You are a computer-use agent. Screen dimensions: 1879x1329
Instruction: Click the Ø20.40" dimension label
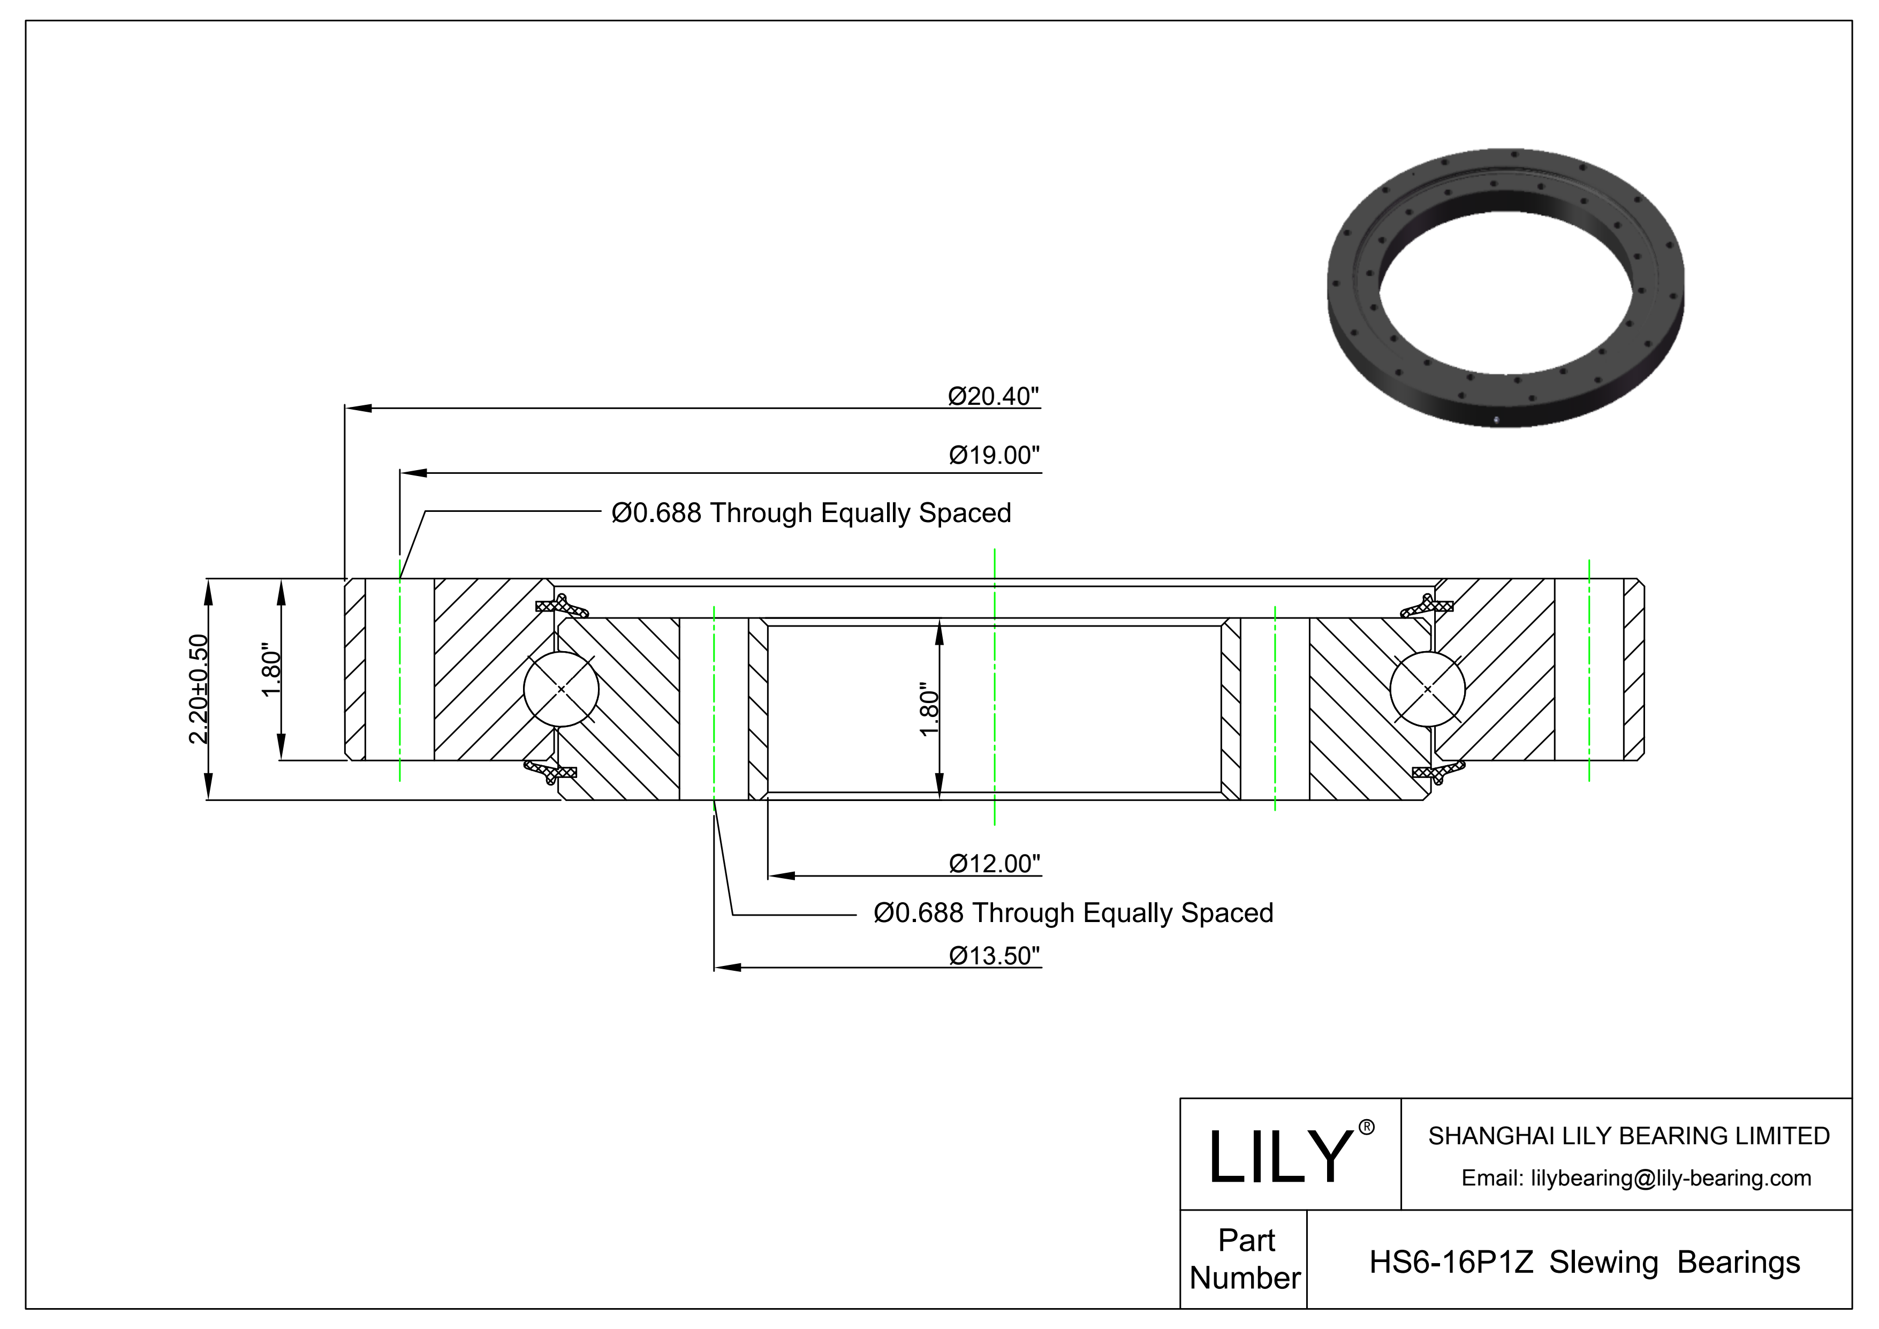click(994, 396)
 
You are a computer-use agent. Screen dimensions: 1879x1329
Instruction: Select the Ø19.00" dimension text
click(994, 455)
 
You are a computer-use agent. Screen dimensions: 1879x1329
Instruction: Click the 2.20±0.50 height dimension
click(199, 689)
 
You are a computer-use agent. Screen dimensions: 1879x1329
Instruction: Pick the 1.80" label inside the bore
click(929, 709)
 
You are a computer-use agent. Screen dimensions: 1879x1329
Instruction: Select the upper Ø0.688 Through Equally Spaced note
click(811, 513)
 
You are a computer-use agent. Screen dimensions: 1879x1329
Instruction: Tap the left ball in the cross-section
click(562, 689)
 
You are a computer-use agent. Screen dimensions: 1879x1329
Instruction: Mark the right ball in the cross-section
click(1427, 689)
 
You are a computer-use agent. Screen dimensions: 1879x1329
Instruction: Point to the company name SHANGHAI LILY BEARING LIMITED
click(1628, 1136)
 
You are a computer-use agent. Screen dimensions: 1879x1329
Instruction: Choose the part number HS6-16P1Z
click(1451, 1262)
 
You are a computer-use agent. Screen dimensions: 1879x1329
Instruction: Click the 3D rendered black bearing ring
click(1506, 288)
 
